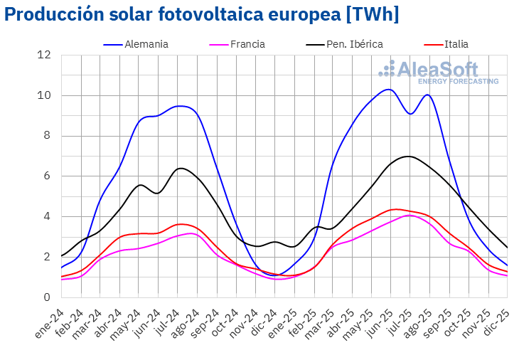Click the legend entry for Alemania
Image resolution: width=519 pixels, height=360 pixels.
pos(146,44)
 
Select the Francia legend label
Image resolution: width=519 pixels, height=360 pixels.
pos(247,44)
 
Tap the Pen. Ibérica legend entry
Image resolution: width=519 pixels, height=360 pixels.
pos(354,44)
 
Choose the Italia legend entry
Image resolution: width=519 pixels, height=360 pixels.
pos(456,44)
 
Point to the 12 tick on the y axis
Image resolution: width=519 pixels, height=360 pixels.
pos(45,55)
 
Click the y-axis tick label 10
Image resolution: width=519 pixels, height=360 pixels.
pos(45,95)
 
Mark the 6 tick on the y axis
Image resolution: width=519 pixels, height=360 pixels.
pos(47,176)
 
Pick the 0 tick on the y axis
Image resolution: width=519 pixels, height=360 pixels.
pos(47,297)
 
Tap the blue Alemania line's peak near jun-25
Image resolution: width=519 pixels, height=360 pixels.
pos(387,90)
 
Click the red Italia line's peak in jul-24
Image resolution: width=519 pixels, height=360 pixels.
pos(181,224)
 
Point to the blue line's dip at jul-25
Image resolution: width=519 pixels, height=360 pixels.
pos(410,114)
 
